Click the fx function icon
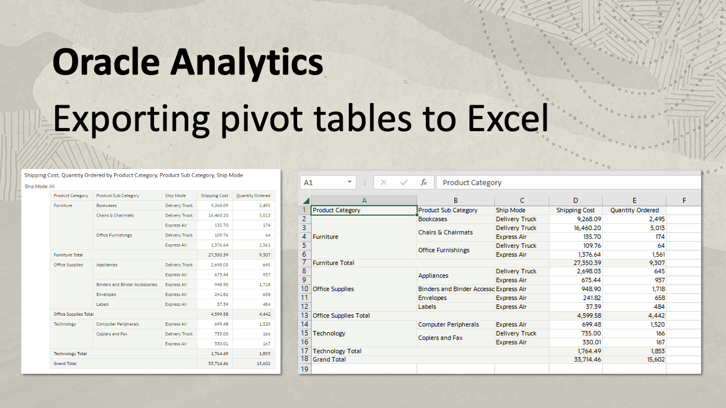424,182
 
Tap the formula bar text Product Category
472,182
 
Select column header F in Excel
684,201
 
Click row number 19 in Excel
304,369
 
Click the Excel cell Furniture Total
333,263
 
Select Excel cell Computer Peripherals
449,325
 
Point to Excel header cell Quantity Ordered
634,210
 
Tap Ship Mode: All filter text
39,186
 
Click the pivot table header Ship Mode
175,196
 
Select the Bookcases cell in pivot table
106,206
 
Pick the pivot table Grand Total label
65,364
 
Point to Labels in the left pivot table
103,304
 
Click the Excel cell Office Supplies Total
341,316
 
